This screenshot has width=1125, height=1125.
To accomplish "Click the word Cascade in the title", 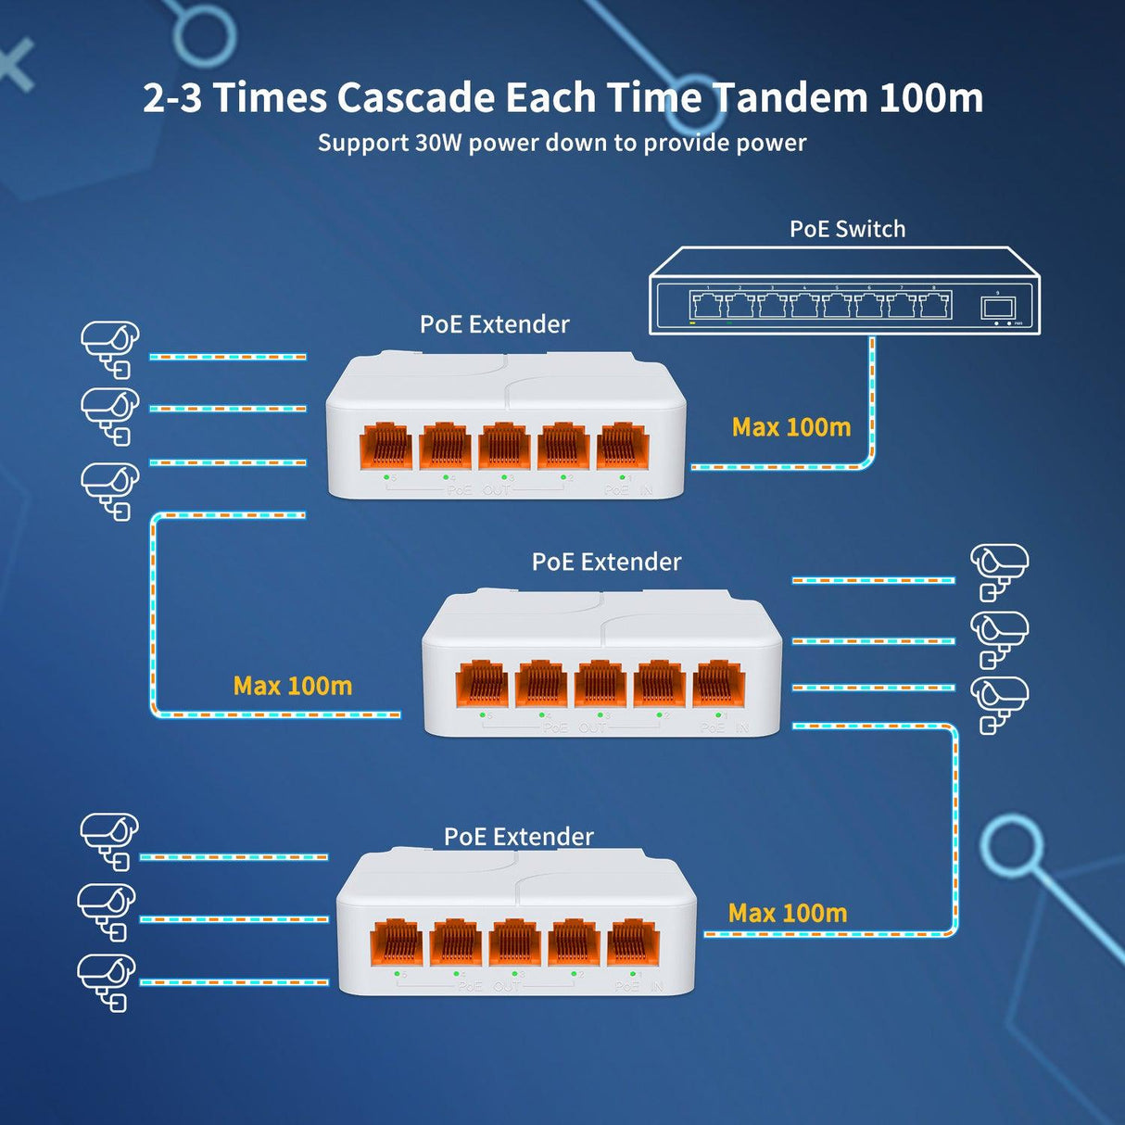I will coord(415,98).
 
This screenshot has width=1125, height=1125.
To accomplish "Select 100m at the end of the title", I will coord(930,98).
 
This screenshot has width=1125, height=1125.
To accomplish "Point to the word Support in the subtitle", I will coord(363,143).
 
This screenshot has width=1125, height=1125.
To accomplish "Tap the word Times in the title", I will coord(270,98).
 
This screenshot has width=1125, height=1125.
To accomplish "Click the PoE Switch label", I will coord(847,229).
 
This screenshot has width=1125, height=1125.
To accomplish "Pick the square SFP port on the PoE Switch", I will coord(997,308).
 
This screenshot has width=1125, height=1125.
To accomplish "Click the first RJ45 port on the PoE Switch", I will coord(706,304).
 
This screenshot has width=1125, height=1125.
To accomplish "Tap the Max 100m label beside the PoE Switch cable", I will coord(791,427).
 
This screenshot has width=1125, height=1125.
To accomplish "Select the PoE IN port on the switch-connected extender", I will coord(623,446).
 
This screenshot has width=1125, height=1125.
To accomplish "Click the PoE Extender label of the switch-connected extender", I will coord(494,324).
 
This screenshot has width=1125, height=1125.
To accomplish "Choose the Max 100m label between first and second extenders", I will coord(293,686).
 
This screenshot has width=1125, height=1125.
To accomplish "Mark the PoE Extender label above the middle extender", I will coord(606,562).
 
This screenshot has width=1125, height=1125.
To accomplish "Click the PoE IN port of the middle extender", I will coord(718,684).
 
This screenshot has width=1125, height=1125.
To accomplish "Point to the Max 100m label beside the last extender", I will coord(788,914).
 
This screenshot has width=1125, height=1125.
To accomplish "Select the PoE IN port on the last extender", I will coord(633,943).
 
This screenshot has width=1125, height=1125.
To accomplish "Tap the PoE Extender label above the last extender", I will coord(518,837).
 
